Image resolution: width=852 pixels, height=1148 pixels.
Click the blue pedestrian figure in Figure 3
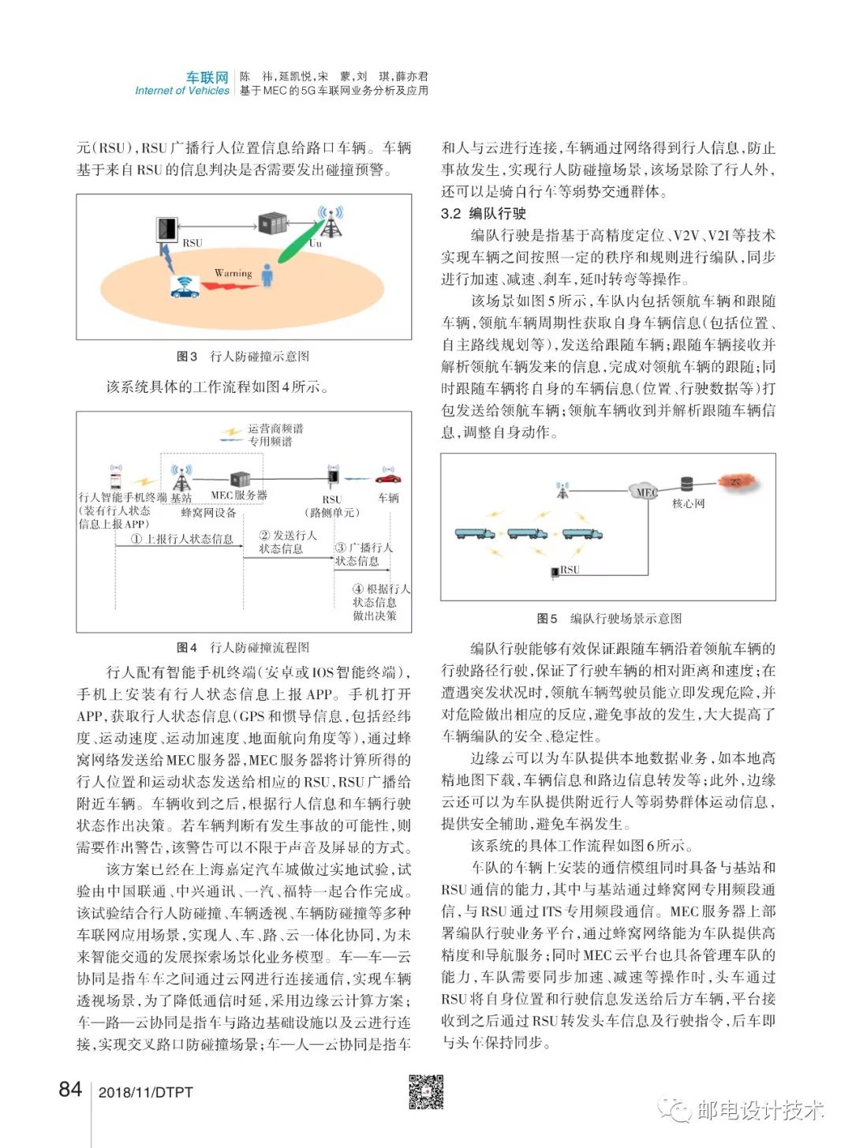coord(268,275)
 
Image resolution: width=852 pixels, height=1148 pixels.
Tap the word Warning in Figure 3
coord(233,273)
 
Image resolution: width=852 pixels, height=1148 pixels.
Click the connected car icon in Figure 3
coord(185,287)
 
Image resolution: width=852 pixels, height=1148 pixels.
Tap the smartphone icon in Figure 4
coord(116,478)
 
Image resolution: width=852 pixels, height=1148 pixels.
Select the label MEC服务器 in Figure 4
coord(239,495)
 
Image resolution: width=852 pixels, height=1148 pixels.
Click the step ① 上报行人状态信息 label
coord(182,539)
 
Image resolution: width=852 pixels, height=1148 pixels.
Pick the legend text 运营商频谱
coord(275,428)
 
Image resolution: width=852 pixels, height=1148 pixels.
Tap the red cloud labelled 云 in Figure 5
coord(735,481)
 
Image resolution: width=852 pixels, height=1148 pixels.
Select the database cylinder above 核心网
coord(686,484)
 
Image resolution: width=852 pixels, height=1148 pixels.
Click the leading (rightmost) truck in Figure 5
coord(582,534)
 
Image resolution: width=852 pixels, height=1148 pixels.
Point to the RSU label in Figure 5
coord(570,569)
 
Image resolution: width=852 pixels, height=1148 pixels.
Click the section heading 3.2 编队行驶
coord(484,213)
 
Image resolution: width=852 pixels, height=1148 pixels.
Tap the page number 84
coord(70,1090)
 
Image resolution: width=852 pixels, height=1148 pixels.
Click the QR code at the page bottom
coord(426,1092)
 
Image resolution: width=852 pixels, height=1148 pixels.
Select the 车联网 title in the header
coord(207,77)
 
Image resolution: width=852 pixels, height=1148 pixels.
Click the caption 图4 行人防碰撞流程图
coord(243,648)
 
